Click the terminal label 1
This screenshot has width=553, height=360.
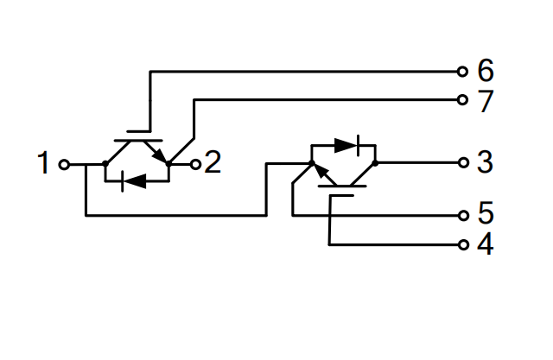tap(43, 163)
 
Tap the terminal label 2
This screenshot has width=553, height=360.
tap(213, 162)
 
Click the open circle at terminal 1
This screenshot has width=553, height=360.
tap(63, 163)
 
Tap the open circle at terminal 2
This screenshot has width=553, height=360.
tap(195, 163)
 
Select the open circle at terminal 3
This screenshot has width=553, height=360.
tap(462, 162)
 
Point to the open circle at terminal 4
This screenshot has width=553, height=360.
tap(462, 244)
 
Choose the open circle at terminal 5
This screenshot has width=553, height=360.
tap(462, 214)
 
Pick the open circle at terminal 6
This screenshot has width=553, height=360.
tap(462, 71)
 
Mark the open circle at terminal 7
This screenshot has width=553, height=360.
tap(462, 100)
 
